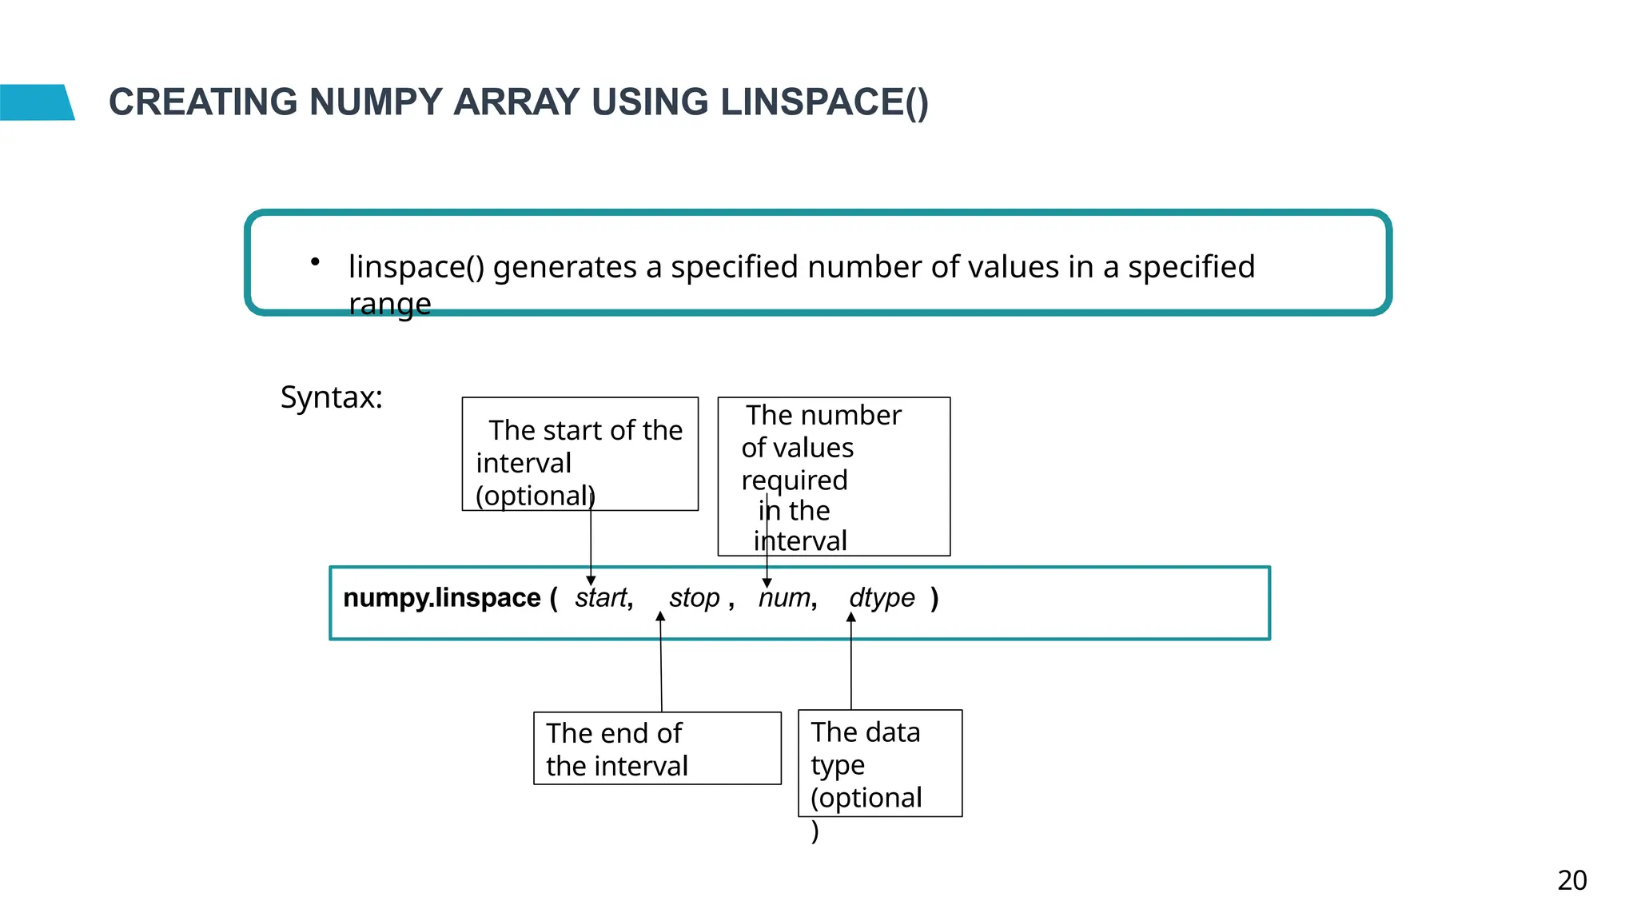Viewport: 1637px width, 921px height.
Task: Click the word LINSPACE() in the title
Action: (x=824, y=103)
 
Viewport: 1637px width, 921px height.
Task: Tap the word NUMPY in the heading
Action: (x=375, y=103)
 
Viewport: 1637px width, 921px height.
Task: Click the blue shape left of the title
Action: (x=36, y=102)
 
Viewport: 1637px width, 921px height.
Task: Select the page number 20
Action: (x=1571, y=880)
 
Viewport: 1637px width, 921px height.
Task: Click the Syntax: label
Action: (x=332, y=397)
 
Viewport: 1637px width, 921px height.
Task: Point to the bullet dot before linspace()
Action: (x=316, y=261)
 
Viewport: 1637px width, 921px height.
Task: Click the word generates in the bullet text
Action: (x=564, y=267)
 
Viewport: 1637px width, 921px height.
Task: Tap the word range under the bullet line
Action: (x=390, y=304)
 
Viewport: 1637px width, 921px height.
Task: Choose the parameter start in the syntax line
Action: (x=602, y=598)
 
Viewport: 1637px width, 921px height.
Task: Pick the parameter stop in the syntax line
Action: (x=695, y=598)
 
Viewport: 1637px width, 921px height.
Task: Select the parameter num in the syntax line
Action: (x=784, y=598)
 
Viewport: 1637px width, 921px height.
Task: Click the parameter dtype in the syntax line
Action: (x=882, y=598)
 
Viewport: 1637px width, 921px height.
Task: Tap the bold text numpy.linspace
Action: (x=442, y=598)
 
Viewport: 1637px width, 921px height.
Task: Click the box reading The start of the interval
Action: (x=580, y=453)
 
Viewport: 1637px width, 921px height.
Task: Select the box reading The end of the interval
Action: (x=657, y=748)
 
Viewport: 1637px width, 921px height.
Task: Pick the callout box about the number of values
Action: (x=834, y=476)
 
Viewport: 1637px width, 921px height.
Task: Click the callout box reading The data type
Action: (x=880, y=764)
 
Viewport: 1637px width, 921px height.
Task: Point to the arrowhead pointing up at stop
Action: (x=660, y=616)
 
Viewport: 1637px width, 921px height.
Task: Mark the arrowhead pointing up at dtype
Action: (x=851, y=616)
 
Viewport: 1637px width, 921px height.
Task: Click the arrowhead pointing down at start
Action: (x=591, y=580)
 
